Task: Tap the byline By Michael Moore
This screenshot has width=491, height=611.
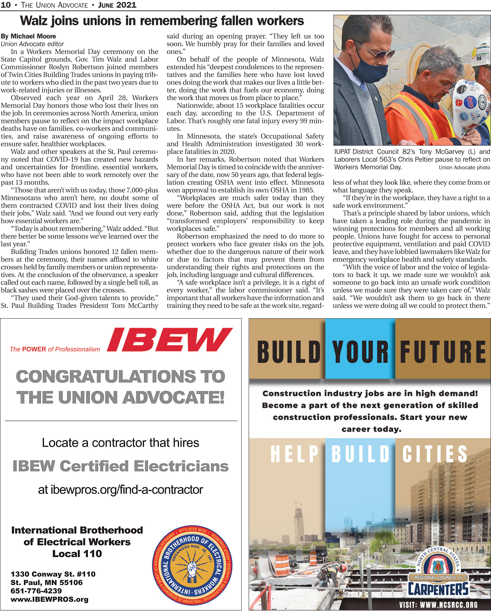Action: (28, 36)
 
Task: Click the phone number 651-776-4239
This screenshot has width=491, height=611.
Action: (36, 591)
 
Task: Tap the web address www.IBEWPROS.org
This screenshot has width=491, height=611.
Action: (49, 599)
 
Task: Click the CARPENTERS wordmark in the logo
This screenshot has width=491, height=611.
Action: (438, 589)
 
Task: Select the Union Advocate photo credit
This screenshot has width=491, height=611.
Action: (464, 167)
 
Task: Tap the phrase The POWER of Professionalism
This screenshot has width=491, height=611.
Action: (55, 349)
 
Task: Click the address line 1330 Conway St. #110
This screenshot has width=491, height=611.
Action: (53, 574)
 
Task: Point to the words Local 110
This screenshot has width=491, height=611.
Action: (77, 554)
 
